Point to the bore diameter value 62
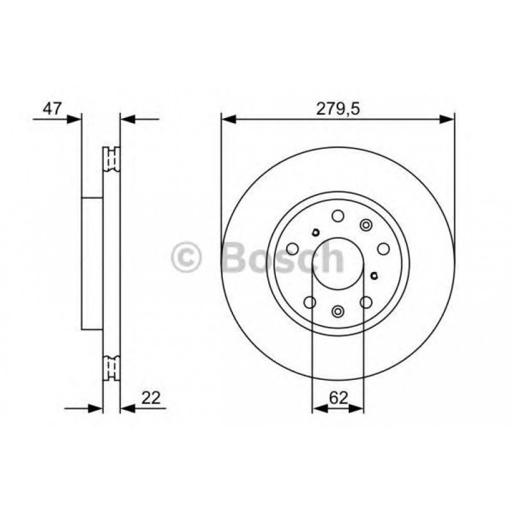pyautogui.click(x=338, y=398)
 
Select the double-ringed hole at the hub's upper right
pyautogui.click(x=366, y=225)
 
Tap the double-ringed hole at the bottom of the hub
pyautogui.click(x=338, y=311)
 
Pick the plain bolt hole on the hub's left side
pyautogui.click(x=292, y=248)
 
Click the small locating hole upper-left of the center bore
pyautogui.click(x=315, y=232)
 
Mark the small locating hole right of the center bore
pyautogui.click(x=374, y=276)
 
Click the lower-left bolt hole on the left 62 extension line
pyautogui.click(x=311, y=301)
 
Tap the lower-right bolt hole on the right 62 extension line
pyautogui.click(x=365, y=301)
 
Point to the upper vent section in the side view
pyautogui.click(x=112, y=159)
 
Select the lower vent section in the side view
pyautogui.click(x=112, y=367)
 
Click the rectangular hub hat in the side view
pyautogui.click(x=93, y=263)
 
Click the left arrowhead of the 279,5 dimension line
pyautogui.click(x=227, y=118)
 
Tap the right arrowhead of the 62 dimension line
pyautogui.click(x=358, y=408)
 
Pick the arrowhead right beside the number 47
pyautogui.click(x=77, y=118)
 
